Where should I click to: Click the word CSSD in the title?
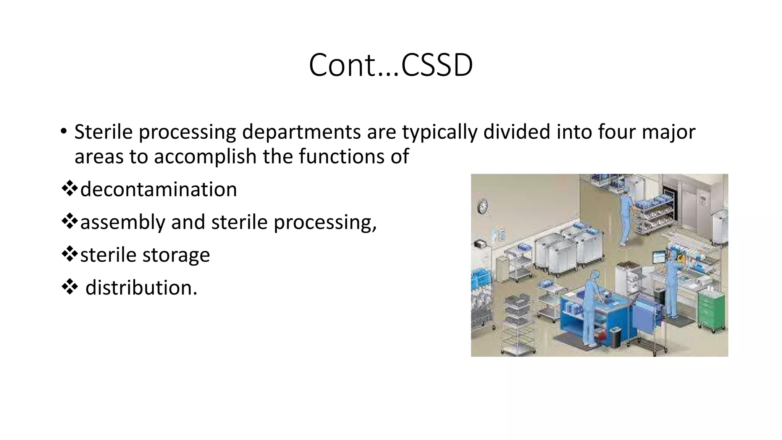[x=437, y=65]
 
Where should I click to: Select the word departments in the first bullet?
[x=302, y=132]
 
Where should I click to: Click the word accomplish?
[x=205, y=157]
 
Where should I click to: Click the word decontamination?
[x=158, y=189]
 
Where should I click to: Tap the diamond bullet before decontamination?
[x=69, y=189]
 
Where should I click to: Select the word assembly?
[x=122, y=222]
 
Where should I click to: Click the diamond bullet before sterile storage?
[x=69, y=254]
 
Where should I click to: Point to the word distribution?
[x=141, y=288]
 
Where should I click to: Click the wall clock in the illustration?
[x=483, y=207]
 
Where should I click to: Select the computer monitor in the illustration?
[x=659, y=257]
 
